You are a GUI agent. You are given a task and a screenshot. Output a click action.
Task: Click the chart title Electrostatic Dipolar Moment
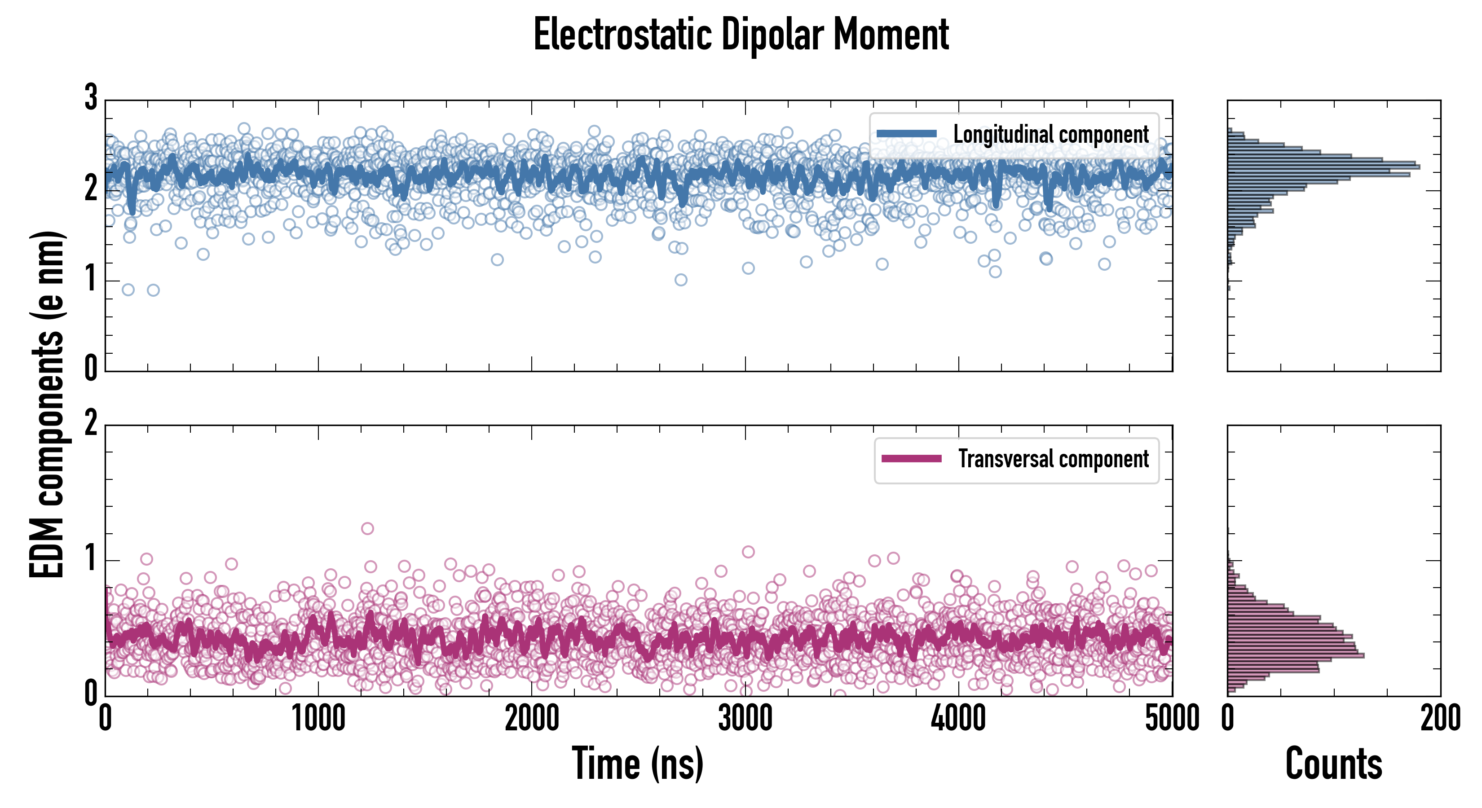click(x=741, y=35)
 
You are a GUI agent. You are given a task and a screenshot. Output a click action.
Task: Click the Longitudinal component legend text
click(x=1050, y=135)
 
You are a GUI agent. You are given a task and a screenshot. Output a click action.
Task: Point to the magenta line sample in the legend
click(x=911, y=459)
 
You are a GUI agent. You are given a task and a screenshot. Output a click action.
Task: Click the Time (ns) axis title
click(x=637, y=764)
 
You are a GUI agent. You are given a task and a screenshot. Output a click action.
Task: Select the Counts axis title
click(x=1333, y=764)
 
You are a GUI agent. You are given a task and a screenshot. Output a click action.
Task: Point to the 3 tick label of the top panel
click(x=91, y=98)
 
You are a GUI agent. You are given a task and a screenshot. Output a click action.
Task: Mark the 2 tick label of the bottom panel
click(x=91, y=424)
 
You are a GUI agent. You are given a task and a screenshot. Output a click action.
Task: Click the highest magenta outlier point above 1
click(x=367, y=528)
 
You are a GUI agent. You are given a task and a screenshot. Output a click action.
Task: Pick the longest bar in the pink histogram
click(x=1296, y=655)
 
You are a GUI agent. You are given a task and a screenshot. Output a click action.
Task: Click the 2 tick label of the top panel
click(x=91, y=189)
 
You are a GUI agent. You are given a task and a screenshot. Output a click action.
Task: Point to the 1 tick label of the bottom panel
click(x=91, y=559)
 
